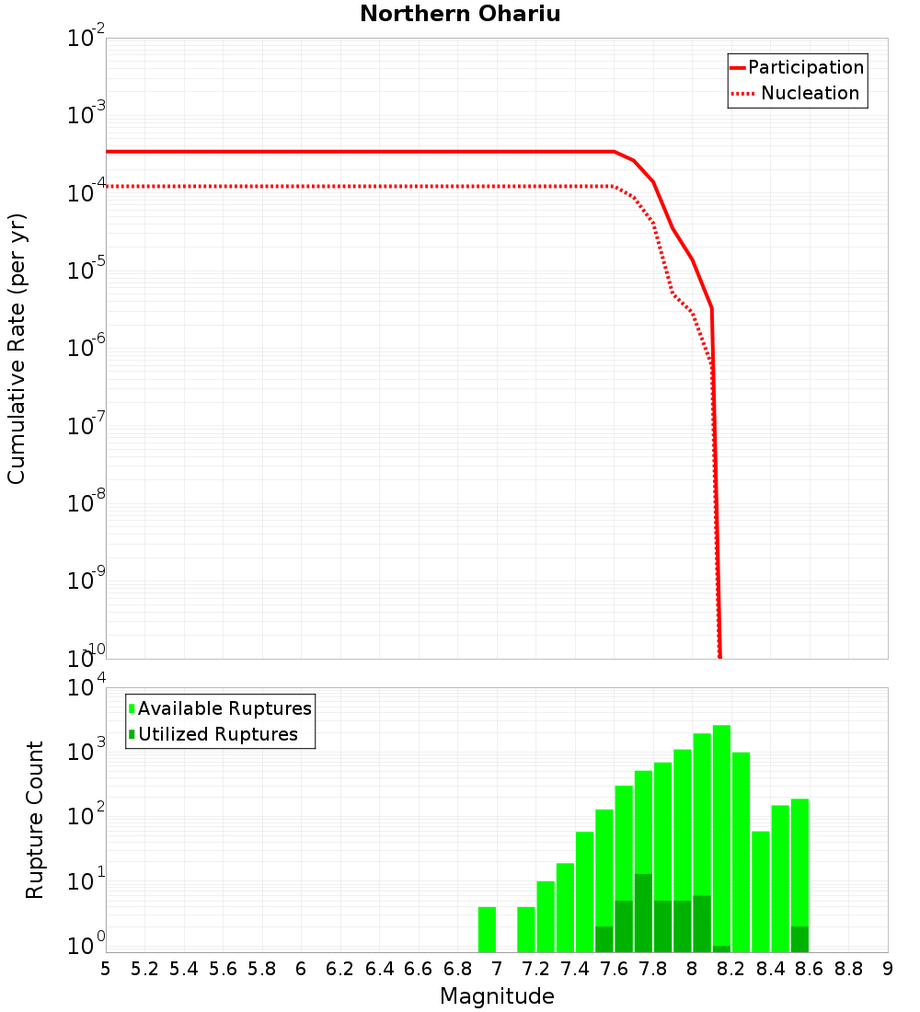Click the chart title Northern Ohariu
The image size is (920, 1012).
[x=460, y=14]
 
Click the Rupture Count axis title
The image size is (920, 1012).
[x=35, y=819]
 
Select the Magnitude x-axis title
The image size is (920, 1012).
[x=497, y=996]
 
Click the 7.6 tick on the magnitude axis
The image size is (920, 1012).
[x=614, y=969]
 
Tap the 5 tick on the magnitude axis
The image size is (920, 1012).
[x=106, y=969]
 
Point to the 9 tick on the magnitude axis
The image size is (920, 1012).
[x=887, y=969]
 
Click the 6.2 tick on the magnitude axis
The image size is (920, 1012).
[x=340, y=969]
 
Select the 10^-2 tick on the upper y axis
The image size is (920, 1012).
[x=86, y=39]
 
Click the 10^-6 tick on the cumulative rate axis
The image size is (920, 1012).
[x=86, y=349]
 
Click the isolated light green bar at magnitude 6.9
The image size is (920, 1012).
[x=487, y=929]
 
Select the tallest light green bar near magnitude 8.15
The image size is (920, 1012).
[x=721, y=828]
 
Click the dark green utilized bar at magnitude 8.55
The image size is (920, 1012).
[x=799, y=938]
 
